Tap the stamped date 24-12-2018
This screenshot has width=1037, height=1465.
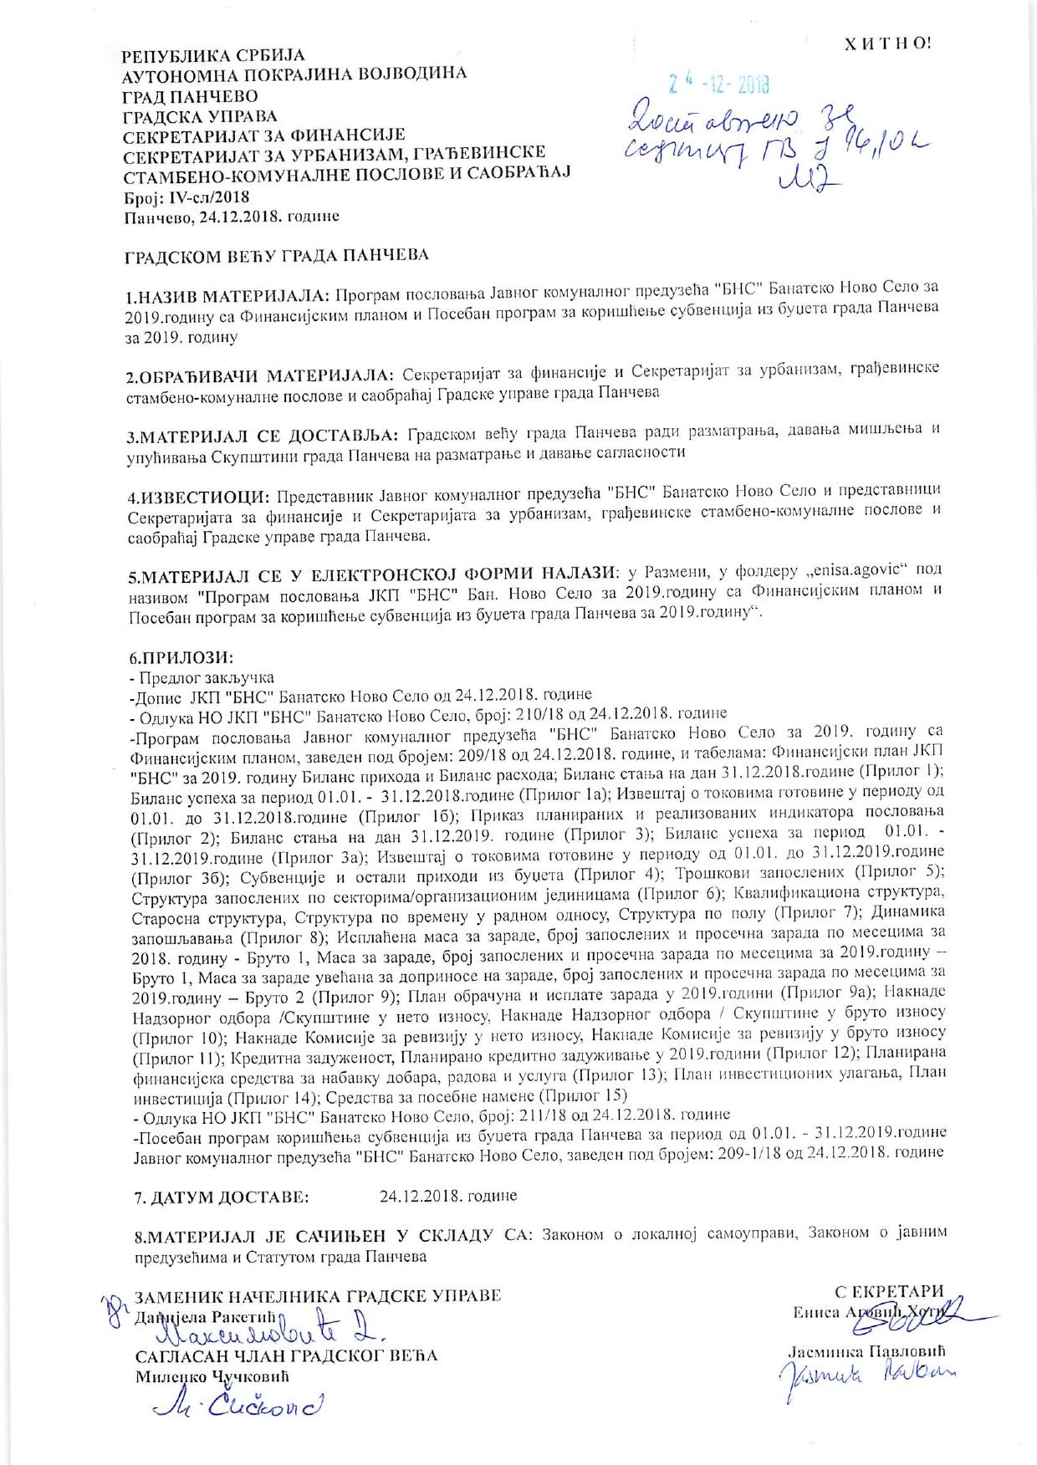coord(719,84)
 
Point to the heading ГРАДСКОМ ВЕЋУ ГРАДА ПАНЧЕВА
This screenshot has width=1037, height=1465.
coord(277,254)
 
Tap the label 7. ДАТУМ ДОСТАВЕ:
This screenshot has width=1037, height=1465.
coord(221,1197)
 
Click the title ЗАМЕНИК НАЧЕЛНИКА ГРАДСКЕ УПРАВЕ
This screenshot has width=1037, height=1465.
coord(318,1297)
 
